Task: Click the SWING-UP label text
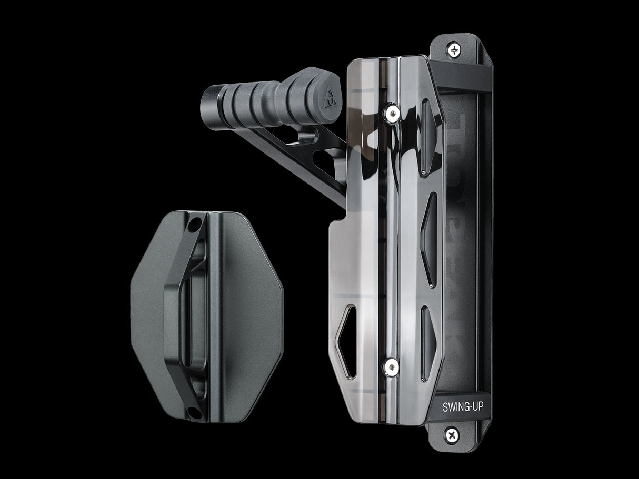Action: tap(459, 406)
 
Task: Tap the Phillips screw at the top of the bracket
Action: tap(454, 50)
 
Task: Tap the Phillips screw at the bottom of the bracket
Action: tap(452, 435)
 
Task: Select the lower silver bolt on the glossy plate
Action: tap(391, 366)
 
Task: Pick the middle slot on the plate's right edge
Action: tap(430, 239)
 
